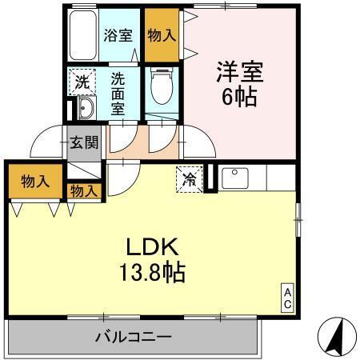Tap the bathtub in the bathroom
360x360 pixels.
(x=80, y=36)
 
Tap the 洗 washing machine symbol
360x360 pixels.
(x=82, y=81)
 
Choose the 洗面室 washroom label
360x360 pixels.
(x=117, y=93)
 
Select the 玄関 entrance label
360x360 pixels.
(x=85, y=145)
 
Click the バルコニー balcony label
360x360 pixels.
(x=134, y=337)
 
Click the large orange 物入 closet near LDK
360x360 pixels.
(x=36, y=181)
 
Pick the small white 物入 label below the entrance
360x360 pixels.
(x=85, y=191)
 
